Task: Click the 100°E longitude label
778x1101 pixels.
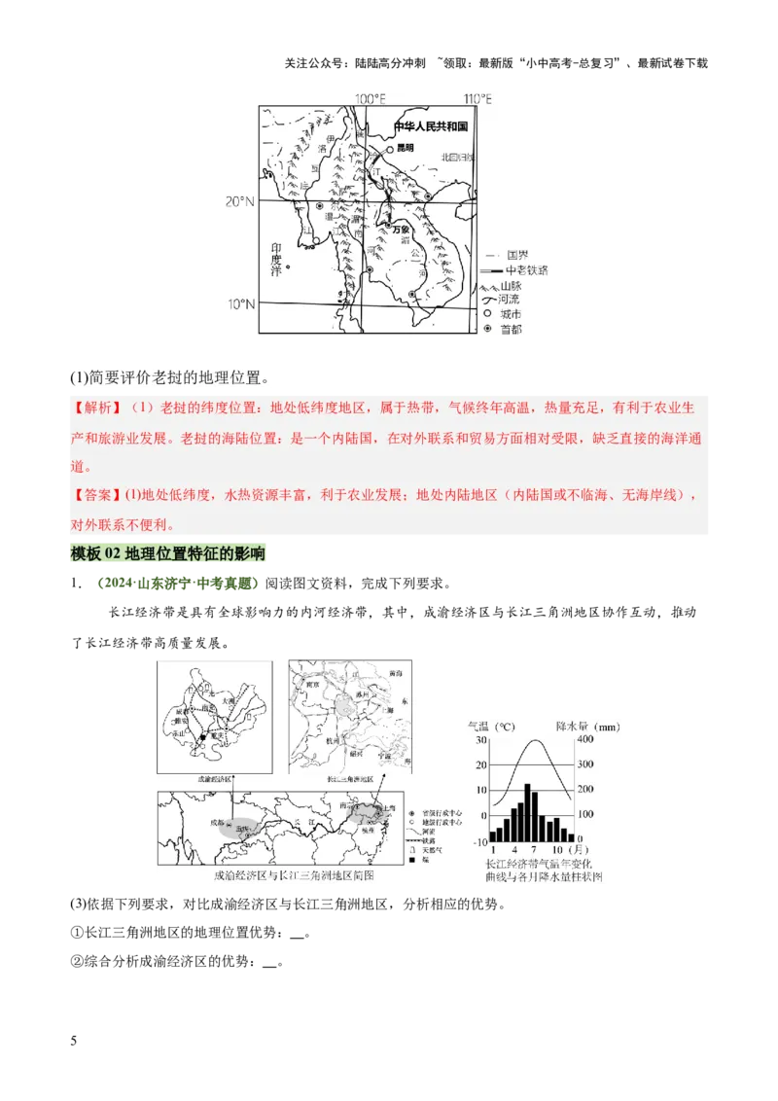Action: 371,99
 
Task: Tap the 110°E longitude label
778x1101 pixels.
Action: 477,99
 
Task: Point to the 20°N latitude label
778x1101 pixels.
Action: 239,201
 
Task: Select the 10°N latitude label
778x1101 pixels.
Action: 240,304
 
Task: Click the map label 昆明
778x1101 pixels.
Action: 405,149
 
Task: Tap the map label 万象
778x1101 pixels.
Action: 402,229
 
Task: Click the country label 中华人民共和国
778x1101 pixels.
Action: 431,127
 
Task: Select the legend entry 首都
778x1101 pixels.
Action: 511,330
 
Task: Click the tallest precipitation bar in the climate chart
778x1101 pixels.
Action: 526,811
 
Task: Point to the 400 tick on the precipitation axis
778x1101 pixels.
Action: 585,739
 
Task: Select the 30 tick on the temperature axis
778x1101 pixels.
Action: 480,739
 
